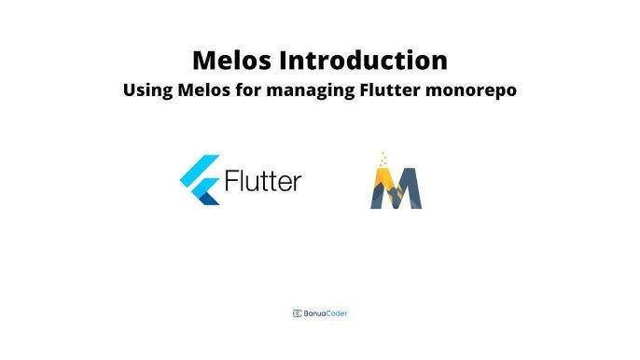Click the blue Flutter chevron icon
click(x=199, y=180)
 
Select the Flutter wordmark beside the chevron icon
click(x=262, y=180)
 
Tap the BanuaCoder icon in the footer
click(x=298, y=313)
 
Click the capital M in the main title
click(x=205, y=62)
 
